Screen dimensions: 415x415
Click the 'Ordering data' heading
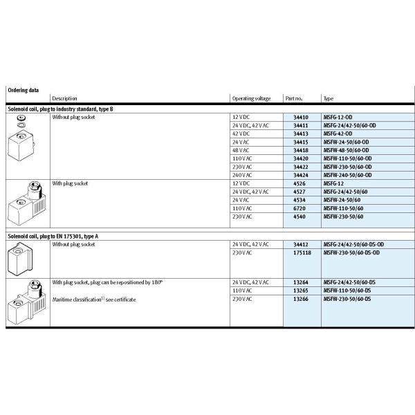click(23, 90)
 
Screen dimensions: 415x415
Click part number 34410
click(301, 118)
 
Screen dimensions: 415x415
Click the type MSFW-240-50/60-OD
click(351, 174)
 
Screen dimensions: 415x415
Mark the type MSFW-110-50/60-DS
click(347, 291)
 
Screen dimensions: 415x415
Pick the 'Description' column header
click(64, 99)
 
